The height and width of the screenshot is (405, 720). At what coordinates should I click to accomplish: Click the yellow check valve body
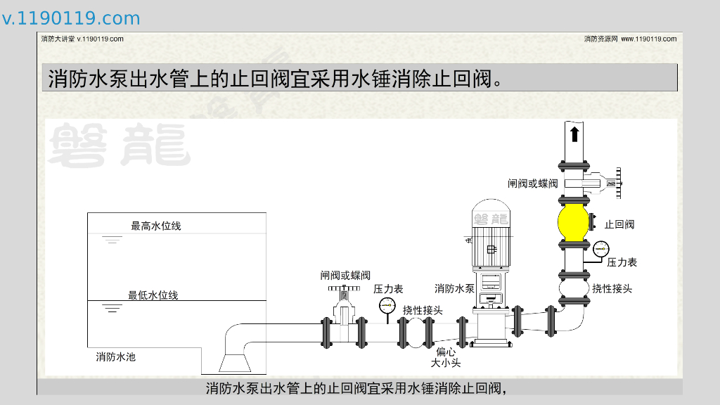(574, 222)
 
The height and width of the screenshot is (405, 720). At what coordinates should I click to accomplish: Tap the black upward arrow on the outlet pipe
(574, 134)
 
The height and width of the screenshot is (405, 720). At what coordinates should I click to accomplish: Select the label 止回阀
(619, 225)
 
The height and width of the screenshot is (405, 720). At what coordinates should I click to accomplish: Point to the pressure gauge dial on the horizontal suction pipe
(387, 306)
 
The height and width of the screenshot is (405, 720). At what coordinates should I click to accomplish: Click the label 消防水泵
(454, 288)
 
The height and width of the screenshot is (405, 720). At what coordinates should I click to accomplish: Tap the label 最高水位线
(156, 226)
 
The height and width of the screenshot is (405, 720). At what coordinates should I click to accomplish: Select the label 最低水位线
(153, 295)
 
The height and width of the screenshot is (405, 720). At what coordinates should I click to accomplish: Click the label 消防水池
(116, 357)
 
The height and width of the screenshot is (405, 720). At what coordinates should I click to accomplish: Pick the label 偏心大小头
(446, 357)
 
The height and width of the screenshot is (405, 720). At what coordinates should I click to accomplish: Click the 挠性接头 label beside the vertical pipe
(612, 288)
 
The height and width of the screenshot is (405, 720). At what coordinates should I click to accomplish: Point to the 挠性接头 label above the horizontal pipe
(423, 310)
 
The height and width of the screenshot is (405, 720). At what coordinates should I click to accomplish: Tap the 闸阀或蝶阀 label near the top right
(533, 184)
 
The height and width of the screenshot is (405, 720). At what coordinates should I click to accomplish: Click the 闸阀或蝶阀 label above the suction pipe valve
(345, 276)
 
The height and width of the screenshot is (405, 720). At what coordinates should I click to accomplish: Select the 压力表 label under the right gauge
(622, 262)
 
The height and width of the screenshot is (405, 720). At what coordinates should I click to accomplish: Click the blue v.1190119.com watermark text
(71, 18)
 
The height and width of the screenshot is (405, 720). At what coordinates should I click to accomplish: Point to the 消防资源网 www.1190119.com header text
(630, 39)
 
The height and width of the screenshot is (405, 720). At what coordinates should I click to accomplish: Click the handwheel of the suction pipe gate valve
(343, 288)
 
